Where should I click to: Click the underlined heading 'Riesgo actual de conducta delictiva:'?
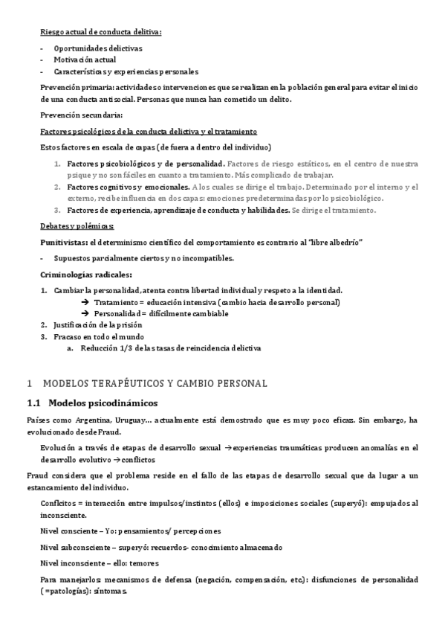pos(100,31)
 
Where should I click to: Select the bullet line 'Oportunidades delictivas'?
pos(98,48)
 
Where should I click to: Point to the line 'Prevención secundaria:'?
pos(82,115)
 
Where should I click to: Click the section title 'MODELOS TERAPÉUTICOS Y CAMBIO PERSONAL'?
pos(155,384)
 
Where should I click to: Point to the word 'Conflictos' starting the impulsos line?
pos(61,503)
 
